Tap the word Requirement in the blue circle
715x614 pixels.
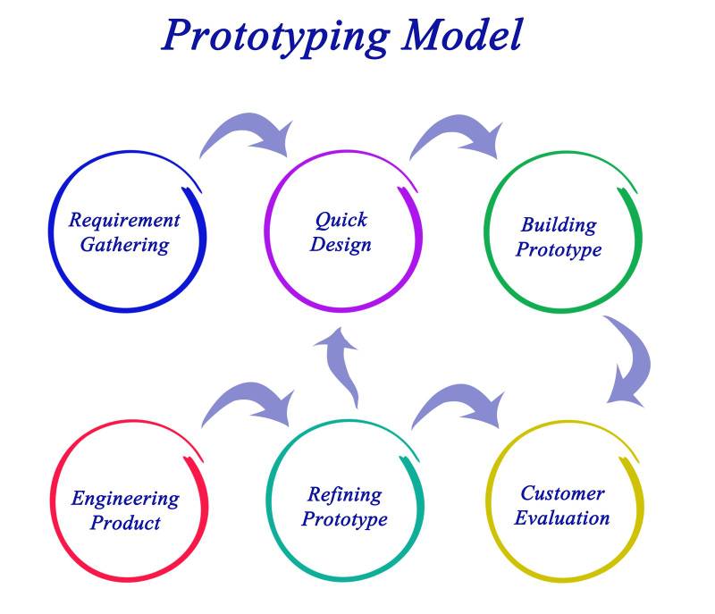124,220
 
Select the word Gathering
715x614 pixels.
124,245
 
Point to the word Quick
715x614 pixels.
341,219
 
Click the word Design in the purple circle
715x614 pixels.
341,243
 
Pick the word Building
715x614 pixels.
559,224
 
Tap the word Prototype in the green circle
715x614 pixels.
559,249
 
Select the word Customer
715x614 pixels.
562,493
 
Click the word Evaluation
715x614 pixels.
562,517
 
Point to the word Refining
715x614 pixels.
344,494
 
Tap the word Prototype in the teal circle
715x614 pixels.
344,519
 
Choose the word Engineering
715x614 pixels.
125,499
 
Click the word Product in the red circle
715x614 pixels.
125,523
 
